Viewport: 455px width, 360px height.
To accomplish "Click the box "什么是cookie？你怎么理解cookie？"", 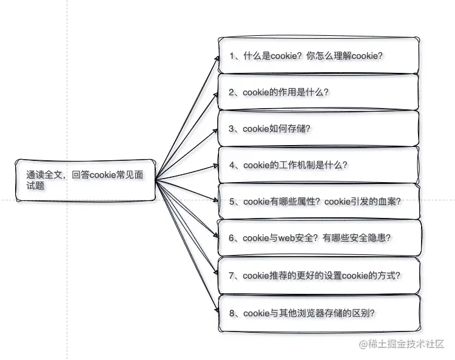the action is coord(318,55).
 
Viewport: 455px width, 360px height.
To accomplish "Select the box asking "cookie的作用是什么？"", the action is coord(318,92).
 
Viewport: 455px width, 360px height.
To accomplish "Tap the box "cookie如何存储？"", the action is coord(318,129).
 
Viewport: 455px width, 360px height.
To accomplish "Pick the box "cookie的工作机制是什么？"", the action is coord(318,165).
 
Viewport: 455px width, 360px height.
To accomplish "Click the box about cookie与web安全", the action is coord(318,237).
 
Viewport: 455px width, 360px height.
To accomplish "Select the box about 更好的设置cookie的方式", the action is coord(318,276).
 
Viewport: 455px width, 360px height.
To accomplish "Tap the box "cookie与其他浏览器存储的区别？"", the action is coord(318,313).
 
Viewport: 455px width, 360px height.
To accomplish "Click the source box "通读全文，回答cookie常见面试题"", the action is coord(85,179).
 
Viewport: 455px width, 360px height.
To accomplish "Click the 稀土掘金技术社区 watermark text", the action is coord(407,344).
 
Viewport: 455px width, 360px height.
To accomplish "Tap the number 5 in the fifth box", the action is coord(232,202).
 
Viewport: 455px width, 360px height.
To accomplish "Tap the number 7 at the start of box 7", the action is coord(232,276).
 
